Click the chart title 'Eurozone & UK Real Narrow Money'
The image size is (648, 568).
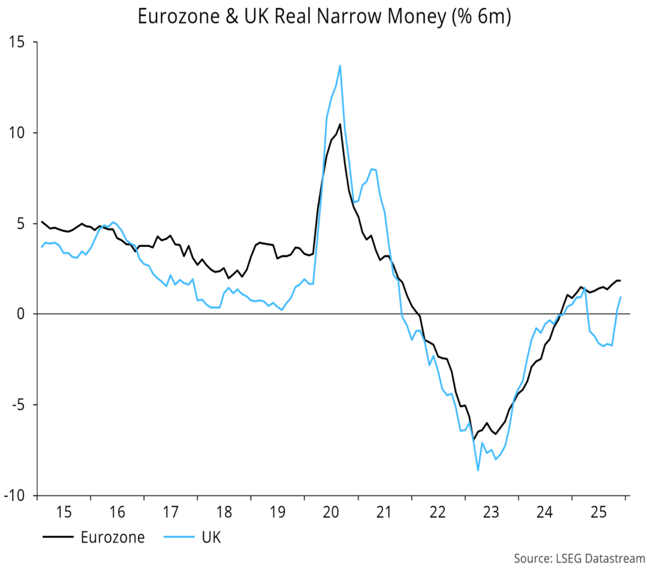point(324,18)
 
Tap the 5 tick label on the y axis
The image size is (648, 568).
point(25,224)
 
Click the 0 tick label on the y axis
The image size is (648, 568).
point(25,314)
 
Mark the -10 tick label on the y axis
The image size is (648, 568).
point(18,495)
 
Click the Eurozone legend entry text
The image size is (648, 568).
point(113,538)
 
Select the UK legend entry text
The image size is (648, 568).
point(211,538)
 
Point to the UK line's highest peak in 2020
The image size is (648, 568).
point(340,65)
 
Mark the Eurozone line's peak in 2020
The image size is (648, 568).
point(340,124)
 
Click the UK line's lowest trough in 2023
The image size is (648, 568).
point(478,470)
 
